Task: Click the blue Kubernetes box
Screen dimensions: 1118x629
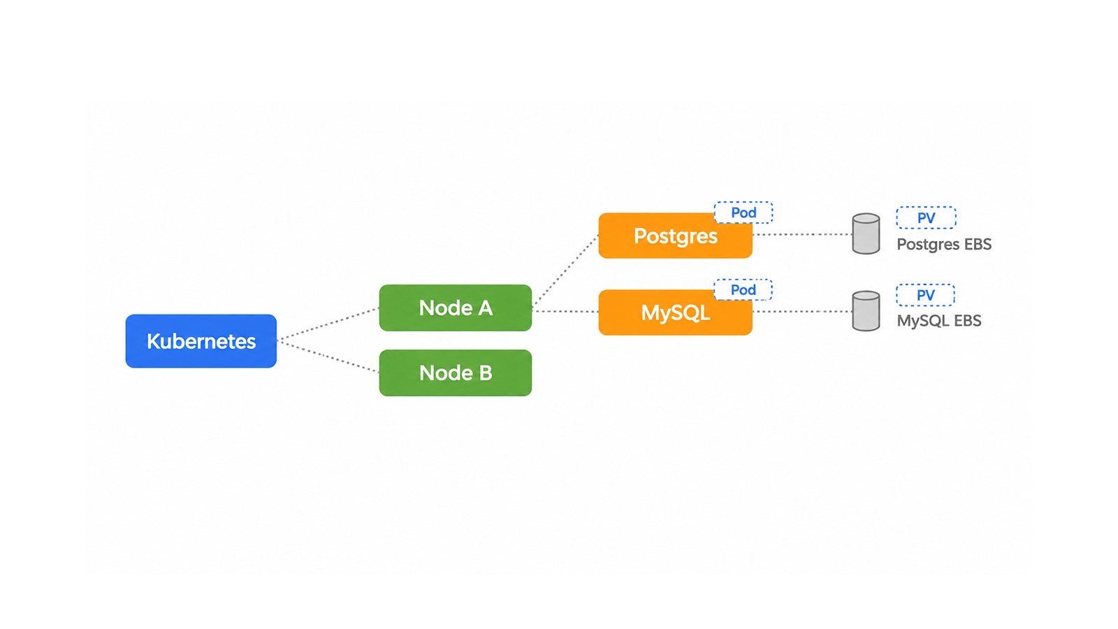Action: point(201,341)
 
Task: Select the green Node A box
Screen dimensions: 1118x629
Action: point(455,308)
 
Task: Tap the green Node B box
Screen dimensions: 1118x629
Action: point(455,373)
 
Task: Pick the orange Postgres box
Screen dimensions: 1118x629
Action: point(675,236)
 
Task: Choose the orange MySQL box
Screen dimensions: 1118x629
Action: point(675,312)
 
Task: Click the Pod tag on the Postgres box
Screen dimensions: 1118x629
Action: point(743,212)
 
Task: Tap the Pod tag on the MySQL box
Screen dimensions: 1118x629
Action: point(743,290)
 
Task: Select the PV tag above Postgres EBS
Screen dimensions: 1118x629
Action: point(927,217)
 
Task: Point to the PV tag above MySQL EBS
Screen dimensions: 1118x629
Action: point(926,295)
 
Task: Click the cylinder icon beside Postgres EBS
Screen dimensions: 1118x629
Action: point(866,233)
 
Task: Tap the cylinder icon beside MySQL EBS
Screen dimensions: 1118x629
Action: point(866,311)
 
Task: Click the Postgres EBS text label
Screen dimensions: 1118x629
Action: point(944,245)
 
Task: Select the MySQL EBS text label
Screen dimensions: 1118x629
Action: point(939,321)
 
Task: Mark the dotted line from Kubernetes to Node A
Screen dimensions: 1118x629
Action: point(328,324)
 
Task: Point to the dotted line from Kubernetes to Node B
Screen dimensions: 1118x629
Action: point(328,356)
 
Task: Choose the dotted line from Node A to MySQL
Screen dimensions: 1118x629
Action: point(565,312)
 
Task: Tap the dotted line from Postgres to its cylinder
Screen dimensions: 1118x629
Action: point(802,234)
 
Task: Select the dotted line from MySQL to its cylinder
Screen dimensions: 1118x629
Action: point(802,312)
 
